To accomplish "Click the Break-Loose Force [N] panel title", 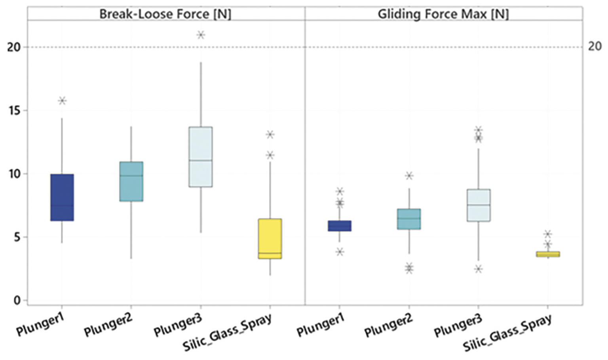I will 165,14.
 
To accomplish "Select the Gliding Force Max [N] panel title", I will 443,14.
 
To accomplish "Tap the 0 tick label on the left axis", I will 16,301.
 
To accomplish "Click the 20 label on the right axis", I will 594,47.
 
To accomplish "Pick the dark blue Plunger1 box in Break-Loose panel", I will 62,197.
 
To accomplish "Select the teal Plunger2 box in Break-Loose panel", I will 131,181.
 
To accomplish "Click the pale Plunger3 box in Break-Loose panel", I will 201,157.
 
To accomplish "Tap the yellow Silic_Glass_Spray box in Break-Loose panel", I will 270,238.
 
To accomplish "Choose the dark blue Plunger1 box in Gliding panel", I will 339,226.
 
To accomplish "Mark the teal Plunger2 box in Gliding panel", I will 409,219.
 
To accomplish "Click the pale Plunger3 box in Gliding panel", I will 478,205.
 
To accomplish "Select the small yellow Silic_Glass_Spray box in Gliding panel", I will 548,254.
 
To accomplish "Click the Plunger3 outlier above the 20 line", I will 201,35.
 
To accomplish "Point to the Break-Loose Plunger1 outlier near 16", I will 62,101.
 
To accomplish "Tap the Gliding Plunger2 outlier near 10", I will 409,175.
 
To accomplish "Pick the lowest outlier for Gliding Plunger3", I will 478,269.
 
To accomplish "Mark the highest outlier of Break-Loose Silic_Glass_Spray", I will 270,135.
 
